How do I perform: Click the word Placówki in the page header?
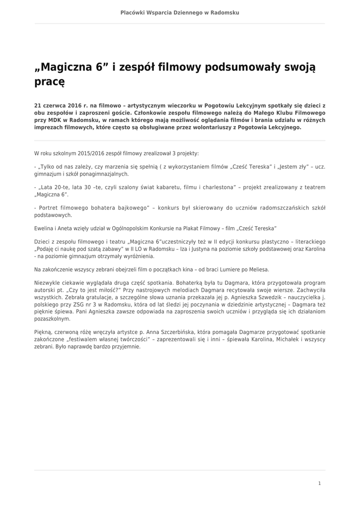[x=132, y=12]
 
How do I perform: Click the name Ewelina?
[x=44, y=228]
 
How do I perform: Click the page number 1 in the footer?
[x=319, y=483]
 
